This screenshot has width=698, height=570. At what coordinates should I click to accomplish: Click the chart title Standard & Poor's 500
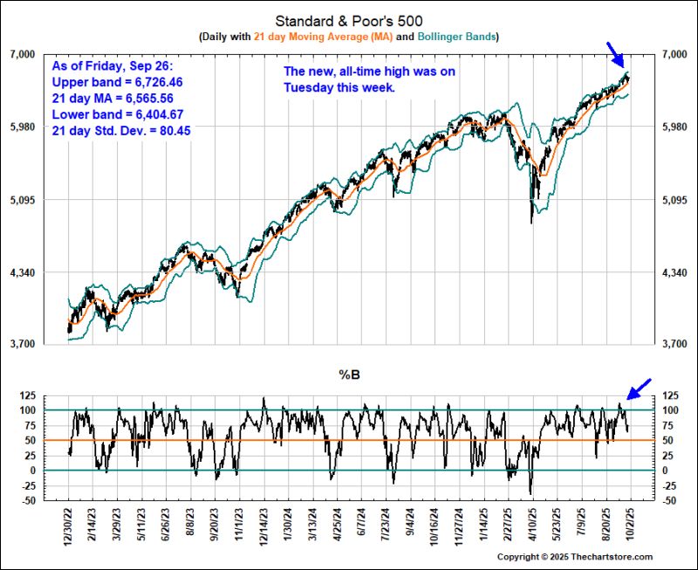tap(349, 20)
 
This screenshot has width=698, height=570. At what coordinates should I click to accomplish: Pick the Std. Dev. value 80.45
tap(174, 130)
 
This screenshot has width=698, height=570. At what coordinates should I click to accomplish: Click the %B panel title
tap(349, 375)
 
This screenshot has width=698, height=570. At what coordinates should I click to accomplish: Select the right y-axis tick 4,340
tap(671, 273)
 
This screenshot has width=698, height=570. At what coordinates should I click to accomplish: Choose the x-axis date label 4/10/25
tap(531, 525)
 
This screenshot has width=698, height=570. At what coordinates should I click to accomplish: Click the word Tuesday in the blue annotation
tap(308, 88)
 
